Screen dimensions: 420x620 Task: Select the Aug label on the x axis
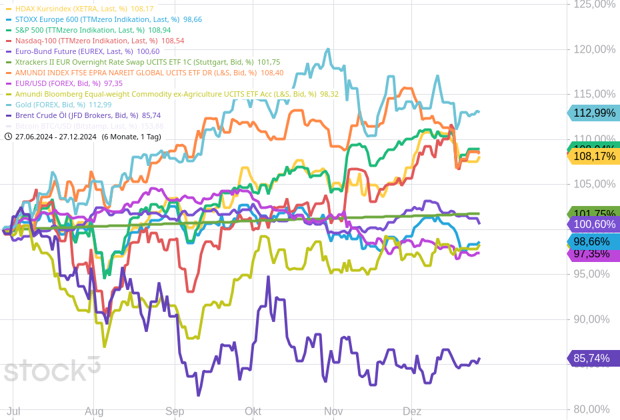click(94, 411)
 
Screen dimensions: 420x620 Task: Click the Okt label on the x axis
click(253, 411)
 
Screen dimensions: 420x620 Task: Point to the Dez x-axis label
click(412, 411)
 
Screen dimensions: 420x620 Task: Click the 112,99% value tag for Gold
click(593, 113)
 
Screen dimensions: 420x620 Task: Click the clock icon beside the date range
click(8, 137)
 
